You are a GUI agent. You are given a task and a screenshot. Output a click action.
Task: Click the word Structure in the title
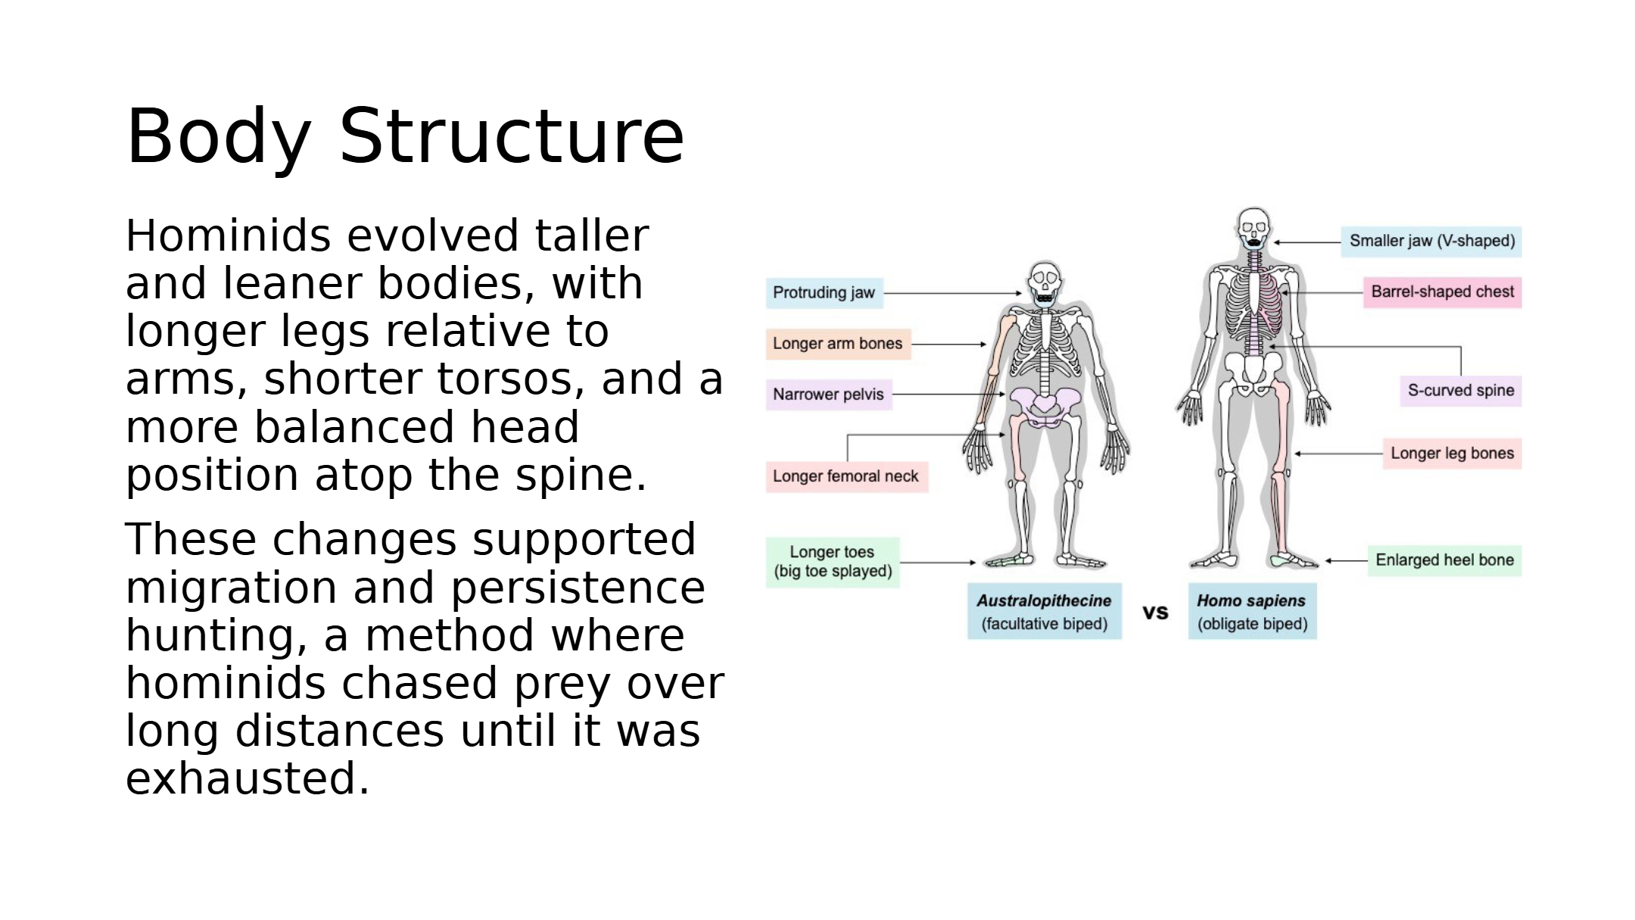512,136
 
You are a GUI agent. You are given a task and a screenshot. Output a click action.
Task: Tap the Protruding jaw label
824,293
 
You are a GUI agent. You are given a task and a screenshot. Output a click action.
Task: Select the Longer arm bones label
838,344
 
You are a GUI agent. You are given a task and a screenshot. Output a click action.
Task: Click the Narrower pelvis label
829,395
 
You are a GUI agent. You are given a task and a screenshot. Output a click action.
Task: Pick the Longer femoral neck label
846,477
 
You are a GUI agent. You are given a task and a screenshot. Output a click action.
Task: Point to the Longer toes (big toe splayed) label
833,562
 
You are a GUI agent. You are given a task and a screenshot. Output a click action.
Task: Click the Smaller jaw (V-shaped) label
1431,242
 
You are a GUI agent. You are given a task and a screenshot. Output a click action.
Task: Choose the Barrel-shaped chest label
1442,292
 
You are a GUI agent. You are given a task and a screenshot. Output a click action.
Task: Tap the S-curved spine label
1460,391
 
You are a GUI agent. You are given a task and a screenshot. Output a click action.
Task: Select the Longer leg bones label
1452,454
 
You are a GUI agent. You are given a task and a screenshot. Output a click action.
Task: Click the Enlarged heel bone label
1444,560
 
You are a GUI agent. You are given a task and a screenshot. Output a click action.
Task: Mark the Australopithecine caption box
1045,611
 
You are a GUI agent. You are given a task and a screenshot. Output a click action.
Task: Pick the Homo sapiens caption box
1252,611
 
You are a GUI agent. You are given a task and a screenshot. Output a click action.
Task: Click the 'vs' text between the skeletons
1155,612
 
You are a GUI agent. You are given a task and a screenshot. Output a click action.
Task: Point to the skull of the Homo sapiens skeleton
1253,228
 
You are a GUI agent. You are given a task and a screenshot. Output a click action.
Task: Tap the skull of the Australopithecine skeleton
1045,282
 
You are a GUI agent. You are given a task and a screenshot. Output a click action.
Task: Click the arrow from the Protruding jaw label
953,293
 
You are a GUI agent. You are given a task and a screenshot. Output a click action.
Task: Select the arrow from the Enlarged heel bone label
1347,561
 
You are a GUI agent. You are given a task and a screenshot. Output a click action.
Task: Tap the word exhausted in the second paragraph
248,778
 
